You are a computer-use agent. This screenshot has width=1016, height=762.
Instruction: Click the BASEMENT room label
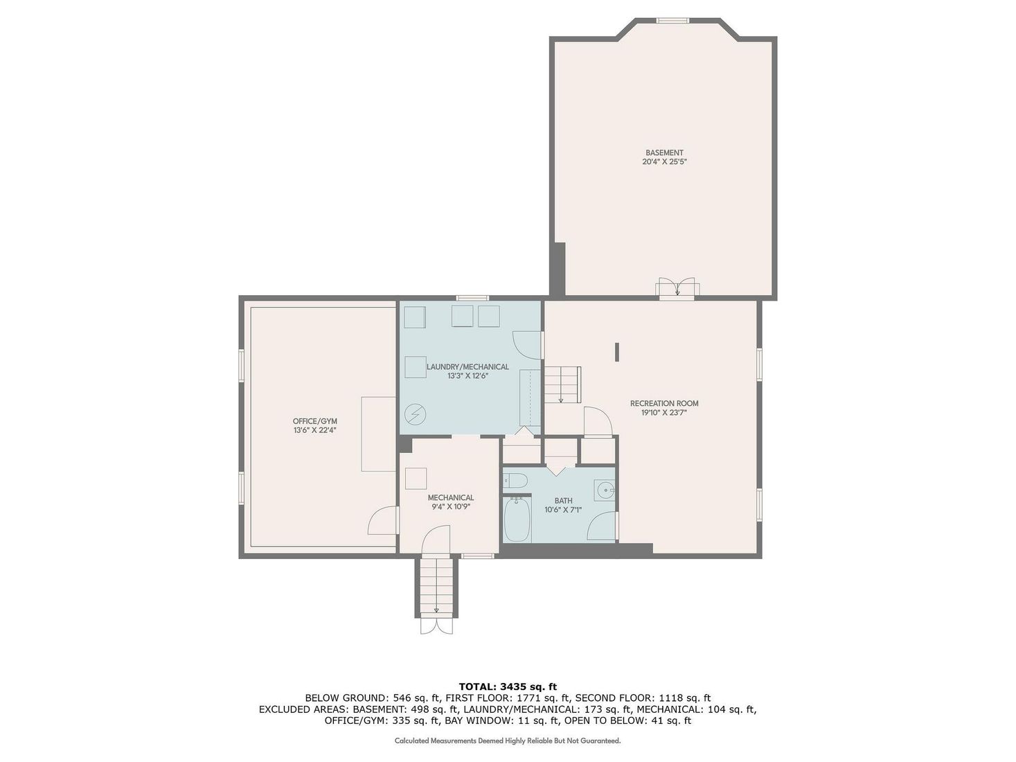tap(664, 152)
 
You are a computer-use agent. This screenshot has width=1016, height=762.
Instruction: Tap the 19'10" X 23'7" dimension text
tap(664, 413)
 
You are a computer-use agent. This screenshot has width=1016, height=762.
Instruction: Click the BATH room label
tap(563, 501)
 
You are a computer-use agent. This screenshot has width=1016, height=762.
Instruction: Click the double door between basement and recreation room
tap(677, 288)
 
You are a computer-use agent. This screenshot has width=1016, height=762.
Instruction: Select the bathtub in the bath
tap(517, 520)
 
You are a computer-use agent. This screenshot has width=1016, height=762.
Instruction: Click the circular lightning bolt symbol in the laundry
tap(416, 414)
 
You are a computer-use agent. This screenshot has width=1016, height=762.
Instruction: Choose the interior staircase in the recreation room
tap(561, 384)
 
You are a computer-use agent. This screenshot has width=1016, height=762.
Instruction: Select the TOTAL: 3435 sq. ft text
tap(508, 686)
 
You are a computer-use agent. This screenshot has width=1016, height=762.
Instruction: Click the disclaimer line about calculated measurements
tap(508, 741)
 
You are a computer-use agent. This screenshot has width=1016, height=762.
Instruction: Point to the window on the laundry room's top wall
tap(472, 298)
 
